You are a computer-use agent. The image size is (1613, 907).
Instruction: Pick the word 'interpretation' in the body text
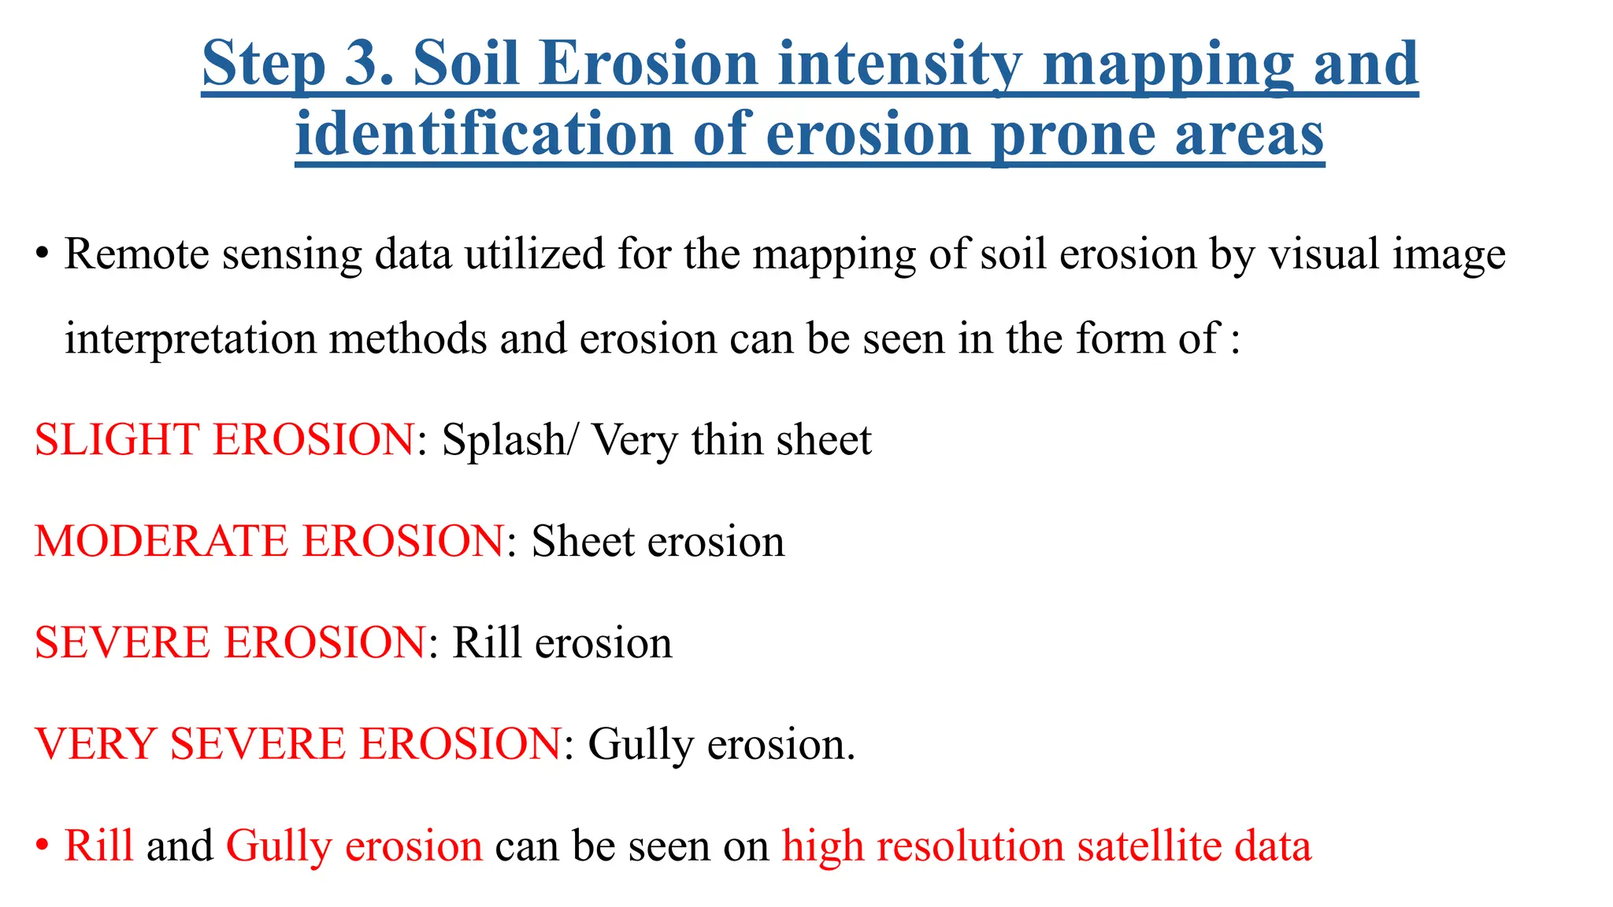click(190, 339)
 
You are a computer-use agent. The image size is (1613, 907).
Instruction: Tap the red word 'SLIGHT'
click(117, 439)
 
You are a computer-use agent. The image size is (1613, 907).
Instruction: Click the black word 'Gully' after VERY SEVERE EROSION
click(640, 745)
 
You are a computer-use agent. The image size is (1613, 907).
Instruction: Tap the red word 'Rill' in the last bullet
click(98, 846)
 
